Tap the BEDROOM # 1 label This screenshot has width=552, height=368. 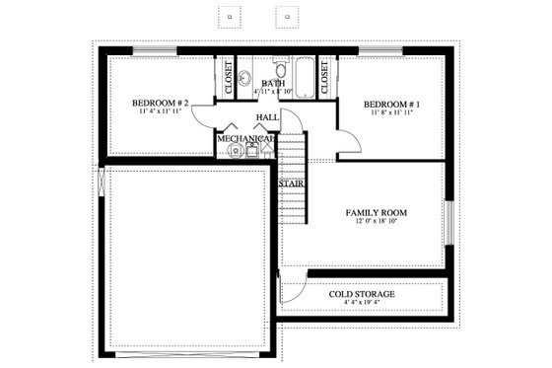pos(391,105)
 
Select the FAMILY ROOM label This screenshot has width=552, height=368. pos(376,212)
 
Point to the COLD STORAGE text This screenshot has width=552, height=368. pos(362,294)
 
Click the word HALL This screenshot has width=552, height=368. pos(266,117)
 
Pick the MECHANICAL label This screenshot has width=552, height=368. pos(245,140)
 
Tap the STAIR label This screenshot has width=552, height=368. pos(290,184)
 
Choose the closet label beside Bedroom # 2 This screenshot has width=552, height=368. pos(228,79)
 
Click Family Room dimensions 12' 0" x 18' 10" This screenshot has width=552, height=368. pos(376,223)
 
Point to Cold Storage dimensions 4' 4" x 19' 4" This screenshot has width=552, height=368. pos(362,305)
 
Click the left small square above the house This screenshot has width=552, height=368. pos(230,17)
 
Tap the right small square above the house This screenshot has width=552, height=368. pos(289,17)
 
